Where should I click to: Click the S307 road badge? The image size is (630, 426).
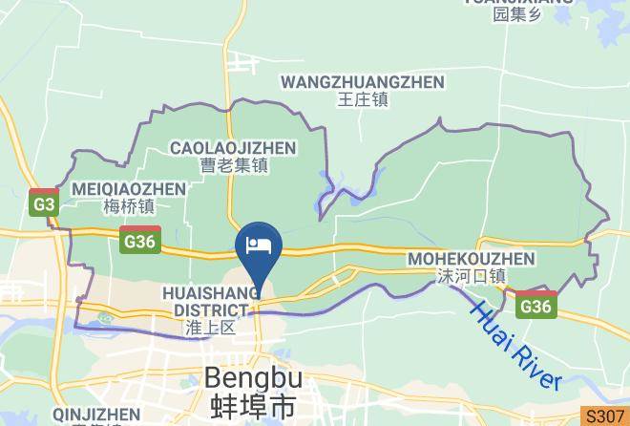click(606, 417)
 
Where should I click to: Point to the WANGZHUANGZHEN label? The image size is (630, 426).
click(362, 82)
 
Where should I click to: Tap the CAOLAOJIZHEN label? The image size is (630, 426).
click(233, 147)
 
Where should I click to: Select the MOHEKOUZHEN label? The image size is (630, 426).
click(471, 259)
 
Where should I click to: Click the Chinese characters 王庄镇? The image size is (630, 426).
click(363, 98)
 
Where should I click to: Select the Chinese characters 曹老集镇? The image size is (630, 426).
click(234, 164)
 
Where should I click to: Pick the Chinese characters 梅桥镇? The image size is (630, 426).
click(128, 204)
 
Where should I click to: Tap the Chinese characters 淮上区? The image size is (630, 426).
click(211, 328)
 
